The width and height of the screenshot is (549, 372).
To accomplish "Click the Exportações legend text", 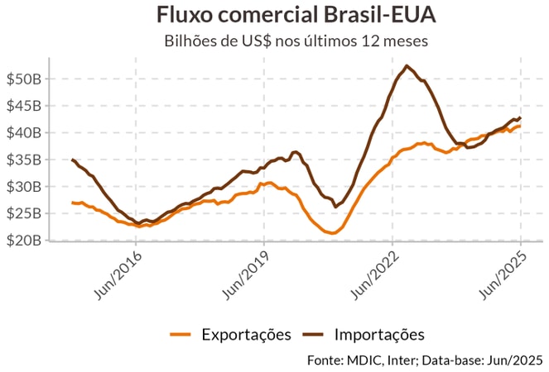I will [246, 335].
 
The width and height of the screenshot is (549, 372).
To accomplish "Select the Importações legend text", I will [379, 335].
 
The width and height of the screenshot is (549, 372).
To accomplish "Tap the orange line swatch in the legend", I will [181, 335].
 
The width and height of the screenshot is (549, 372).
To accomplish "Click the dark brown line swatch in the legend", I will [314, 335].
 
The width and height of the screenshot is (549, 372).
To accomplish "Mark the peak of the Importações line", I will [406, 66].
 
